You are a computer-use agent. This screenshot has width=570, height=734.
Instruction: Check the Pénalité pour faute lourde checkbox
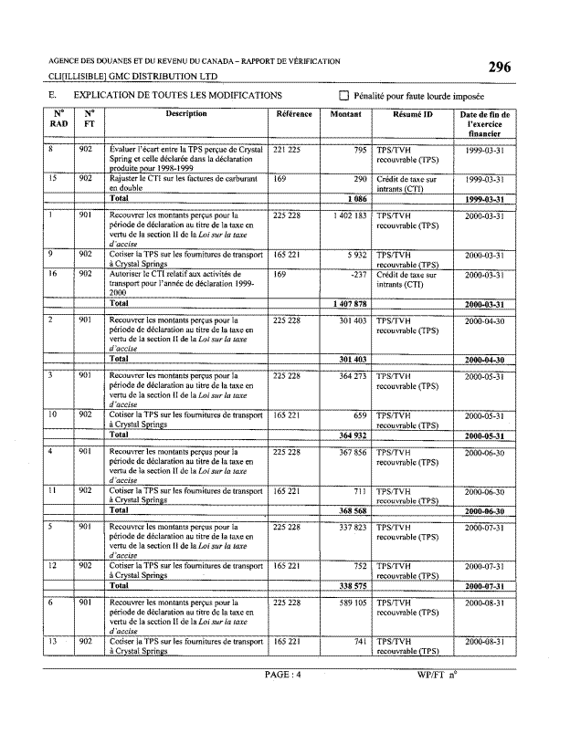click(x=344, y=95)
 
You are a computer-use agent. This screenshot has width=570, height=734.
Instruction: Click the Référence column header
click(x=293, y=115)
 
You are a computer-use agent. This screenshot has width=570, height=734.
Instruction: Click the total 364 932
click(x=347, y=435)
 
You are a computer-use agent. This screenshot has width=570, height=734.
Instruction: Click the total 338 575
click(x=347, y=585)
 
